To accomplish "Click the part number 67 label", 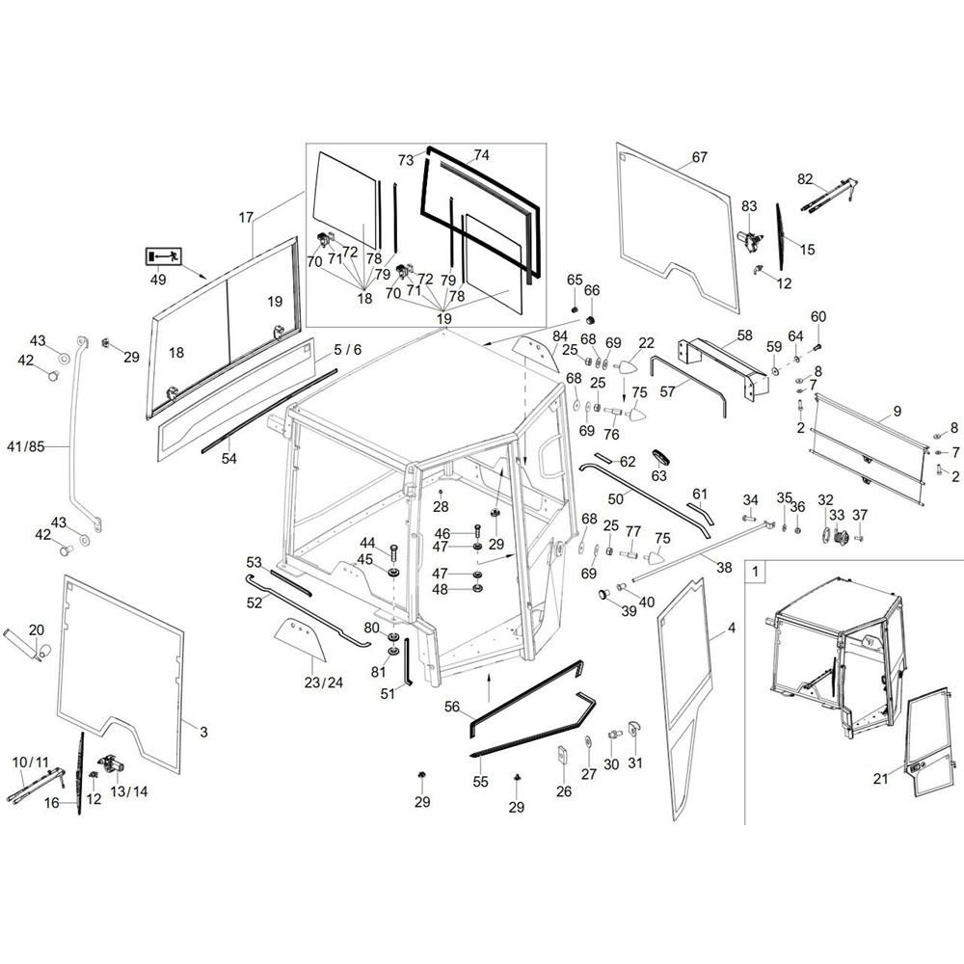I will click(x=699, y=156).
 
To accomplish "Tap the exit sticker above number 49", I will click(x=162, y=256).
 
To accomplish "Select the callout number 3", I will click(x=203, y=733).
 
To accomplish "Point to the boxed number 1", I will click(x=757, y=571).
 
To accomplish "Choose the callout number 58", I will click(x=744, y=335).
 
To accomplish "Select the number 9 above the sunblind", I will click(x=897, y=412).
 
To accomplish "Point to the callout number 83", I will click(x=749, y=205).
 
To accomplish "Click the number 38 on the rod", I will click(x=724, y=569).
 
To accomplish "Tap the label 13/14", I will click(x=129, y=791).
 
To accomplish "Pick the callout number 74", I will click(x=481, y=154).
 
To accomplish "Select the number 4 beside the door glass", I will click(x=731, y=629).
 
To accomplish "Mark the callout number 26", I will click(x=564, y=791).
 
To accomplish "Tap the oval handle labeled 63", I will click(x=659, y=456).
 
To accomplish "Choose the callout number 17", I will click(x=246, y=218).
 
